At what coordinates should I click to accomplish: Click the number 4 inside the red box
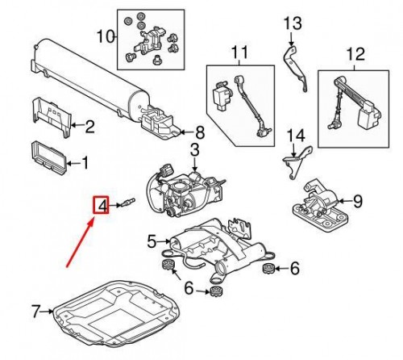103,207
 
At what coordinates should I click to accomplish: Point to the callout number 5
151,240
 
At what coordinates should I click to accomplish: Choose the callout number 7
35,310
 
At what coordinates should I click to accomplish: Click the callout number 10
102,36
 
